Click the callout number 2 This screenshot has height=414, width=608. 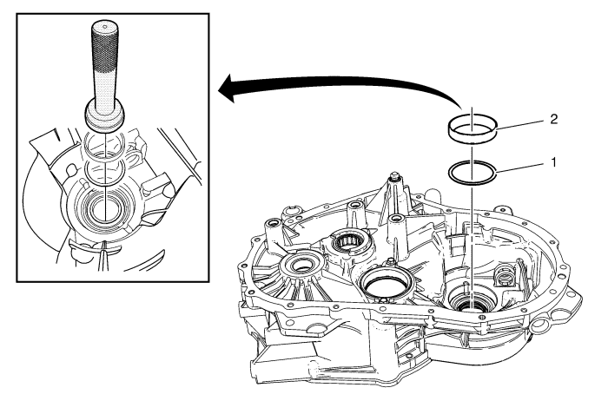click(x=554, y=119)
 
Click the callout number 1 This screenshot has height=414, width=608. click(x=554, y=162)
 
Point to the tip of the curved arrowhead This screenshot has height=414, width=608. click(x=218, y=90)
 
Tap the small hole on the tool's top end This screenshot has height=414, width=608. click(x=106, y=26)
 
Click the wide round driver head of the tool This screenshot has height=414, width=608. click(x=105, y=115)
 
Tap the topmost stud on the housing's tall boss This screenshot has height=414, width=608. click(x=394, y=175)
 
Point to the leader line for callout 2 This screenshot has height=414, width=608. click(x=520, y=124)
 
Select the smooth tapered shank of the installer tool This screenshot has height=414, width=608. click(x=105, y=92)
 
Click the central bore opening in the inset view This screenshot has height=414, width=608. click(x=105, y=210)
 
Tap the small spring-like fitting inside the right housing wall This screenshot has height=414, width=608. click(x=506, y=276)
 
